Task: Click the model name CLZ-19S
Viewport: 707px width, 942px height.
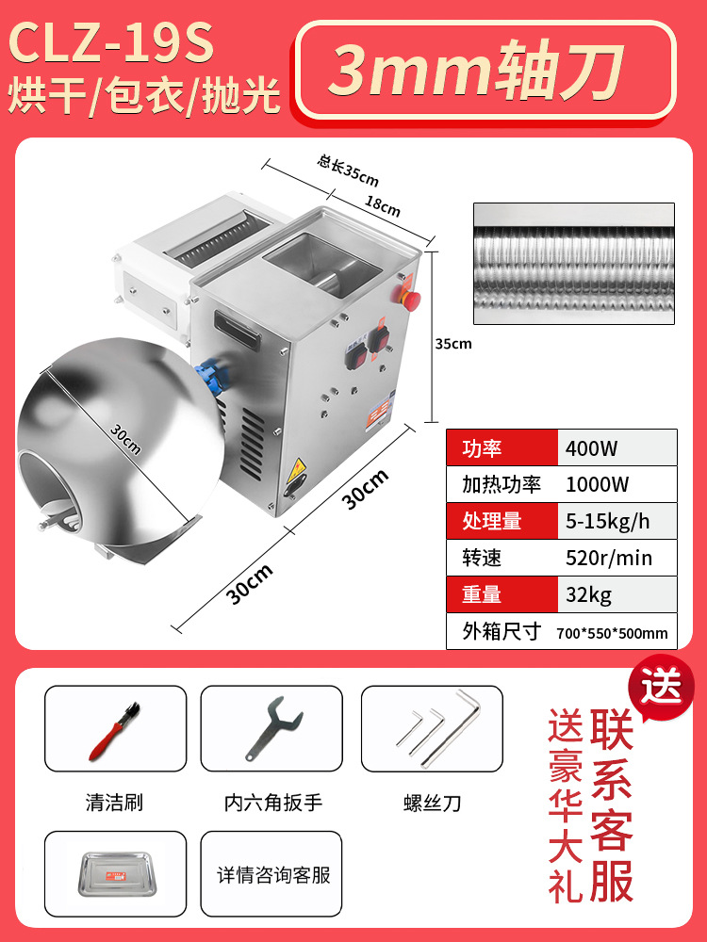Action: point(111,43)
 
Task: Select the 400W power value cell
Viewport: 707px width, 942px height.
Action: point(592,447)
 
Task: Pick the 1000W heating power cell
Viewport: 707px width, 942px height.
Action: point(598,484)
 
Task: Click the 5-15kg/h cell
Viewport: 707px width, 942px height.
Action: point(607,521)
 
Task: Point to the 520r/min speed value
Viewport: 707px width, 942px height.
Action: point(609,558)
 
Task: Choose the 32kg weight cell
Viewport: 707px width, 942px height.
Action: point(589,594)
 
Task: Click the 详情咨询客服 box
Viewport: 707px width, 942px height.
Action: point(273,875)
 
